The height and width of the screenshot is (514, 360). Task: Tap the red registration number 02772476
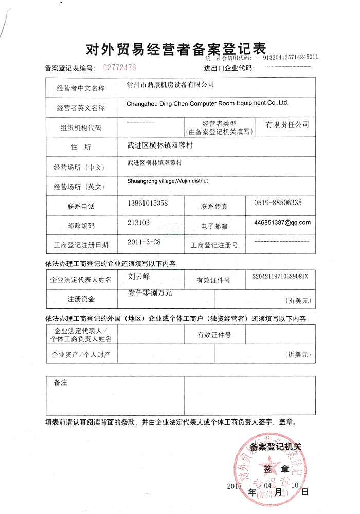tap(120, 67)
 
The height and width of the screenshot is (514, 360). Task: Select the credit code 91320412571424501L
tap(291, 58)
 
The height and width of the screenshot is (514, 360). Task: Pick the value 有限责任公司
tap(287, 125)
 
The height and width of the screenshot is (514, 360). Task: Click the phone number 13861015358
tap(148, 203)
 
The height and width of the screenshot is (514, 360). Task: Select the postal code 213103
tap(138, 223)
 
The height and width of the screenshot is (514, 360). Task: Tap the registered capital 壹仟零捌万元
tap(150, 293)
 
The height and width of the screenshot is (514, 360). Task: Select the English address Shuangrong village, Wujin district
tap(168, 181)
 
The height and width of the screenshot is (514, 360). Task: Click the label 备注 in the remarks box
tap(60, 383)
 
